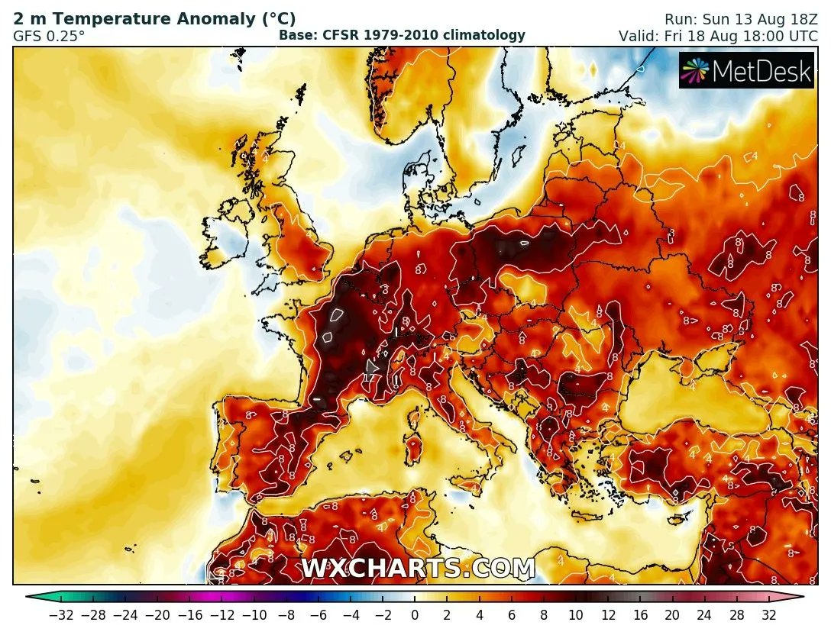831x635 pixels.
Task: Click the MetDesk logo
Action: tap(736, 70)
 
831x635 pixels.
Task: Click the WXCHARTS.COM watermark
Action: tap(418, 569)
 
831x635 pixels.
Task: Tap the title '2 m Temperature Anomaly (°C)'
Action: tap(154, 18)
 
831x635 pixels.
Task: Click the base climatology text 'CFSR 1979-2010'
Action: tap(402, 35)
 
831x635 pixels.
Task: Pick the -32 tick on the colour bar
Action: tap(60, 614)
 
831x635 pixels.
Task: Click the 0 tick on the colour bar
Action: tap(415, 614)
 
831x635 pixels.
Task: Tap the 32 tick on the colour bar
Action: tap(768, 614)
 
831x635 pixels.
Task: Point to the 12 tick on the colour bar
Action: tap(608, 614)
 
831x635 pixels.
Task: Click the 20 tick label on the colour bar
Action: tap(672, 614)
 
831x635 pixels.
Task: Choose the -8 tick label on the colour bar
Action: tap(286, 614)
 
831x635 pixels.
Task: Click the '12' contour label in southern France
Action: tap(369, 377)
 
